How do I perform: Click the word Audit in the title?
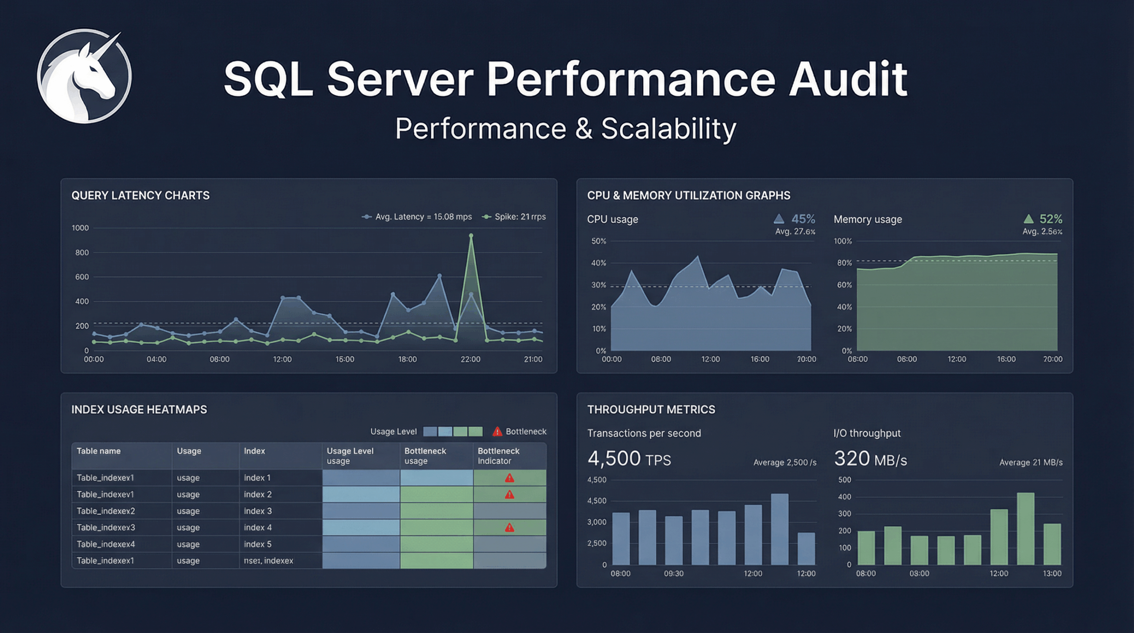848,80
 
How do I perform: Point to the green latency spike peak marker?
471,236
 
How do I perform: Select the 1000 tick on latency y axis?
80,228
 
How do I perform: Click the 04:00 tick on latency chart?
156,359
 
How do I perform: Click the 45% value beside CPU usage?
803,219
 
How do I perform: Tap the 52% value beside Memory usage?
1050,219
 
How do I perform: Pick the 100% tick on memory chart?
843,241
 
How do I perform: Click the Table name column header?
98,451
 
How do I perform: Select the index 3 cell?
258,511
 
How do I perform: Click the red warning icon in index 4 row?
509,528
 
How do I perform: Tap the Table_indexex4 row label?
105,544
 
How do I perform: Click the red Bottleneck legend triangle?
497,431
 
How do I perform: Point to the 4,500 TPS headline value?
629,459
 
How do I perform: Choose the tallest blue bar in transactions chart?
780,529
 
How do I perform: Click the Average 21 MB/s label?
1031,462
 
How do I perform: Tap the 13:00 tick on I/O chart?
1052,574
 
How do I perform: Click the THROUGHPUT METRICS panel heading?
651,410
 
